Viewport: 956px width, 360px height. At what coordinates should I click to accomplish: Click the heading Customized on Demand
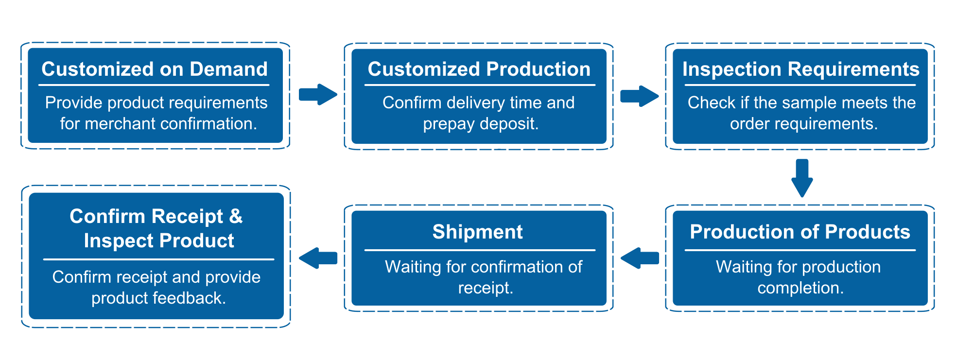(x=155, y=69)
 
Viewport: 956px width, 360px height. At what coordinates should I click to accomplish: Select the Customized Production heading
(x=479, y=69)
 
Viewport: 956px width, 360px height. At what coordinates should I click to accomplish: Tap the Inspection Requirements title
(x=800, y=69)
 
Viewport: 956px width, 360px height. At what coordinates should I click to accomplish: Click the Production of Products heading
(x=800, y=232)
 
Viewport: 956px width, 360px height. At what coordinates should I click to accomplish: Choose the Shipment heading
(x=478, y=232)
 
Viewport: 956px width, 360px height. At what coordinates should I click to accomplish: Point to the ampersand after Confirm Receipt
(x=236, y=216)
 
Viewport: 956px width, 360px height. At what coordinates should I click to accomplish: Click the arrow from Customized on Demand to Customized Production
(x=318, y=94)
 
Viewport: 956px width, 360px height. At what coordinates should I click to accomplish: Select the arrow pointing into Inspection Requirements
(x=639, y=96)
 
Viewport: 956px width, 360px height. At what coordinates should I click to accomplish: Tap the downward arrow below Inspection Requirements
(x=802, y=178)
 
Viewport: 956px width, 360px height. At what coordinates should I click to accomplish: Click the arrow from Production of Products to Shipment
(x=640, y=258)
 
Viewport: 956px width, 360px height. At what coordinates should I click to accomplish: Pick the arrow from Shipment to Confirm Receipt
(x=318, y=258)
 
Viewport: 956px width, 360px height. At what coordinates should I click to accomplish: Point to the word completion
(x=800, y=288)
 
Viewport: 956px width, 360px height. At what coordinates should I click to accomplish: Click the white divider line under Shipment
(x=479, y=250)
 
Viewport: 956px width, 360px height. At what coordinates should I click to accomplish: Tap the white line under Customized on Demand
(x=154, y=86)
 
